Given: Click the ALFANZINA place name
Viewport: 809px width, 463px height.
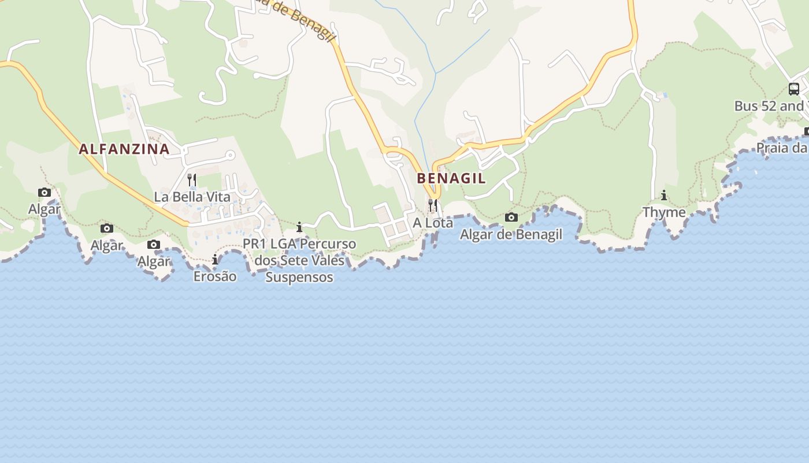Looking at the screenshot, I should tap(124, 149).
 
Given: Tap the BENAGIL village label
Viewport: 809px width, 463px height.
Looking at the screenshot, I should tap(451, 178).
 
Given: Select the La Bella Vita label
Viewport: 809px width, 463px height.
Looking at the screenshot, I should tap(192, 197).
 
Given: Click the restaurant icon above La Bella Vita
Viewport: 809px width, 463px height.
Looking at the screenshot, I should tap(192, 180).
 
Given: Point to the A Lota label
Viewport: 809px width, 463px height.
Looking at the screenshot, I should tap(433, 223).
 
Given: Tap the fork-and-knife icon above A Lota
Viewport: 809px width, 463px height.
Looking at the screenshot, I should tap(433, 205).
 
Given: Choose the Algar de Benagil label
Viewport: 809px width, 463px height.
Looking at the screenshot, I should tap(511, 234).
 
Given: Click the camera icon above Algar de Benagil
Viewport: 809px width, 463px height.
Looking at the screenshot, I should tap(511, 218).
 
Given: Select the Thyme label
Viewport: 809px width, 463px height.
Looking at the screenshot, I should tap(664, 212).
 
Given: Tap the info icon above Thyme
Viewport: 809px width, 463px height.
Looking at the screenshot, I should tap(664, 196).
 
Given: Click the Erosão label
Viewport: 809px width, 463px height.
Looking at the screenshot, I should tap(215, 277).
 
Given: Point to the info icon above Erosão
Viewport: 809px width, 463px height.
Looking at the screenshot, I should tap(215, 260).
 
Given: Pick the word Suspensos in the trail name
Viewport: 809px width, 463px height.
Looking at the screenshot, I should tap(299, 277).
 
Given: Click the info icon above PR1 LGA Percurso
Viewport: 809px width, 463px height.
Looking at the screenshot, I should tap(299, 227).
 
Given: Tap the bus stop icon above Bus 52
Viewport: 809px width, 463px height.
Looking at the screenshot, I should tap(794, 89).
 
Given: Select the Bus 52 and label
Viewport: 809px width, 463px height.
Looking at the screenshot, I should tap(769, 106).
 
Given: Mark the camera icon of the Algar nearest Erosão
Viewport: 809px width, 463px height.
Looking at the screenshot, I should tap(154, 245).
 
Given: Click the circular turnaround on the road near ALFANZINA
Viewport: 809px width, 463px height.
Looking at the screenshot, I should tap(230, 155).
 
